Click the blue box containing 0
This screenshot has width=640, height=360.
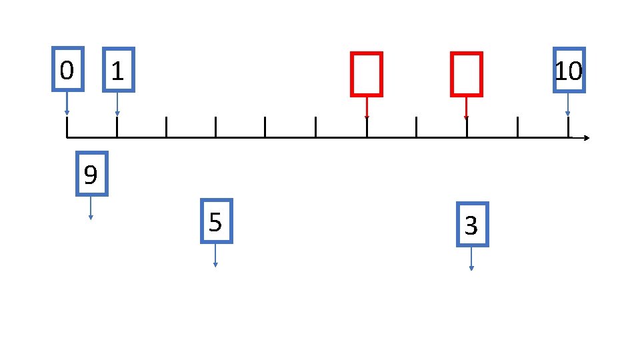(x=68, y=69)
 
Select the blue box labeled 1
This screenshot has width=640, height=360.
(x=118, y=69)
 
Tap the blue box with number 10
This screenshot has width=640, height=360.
(x=569, y=70)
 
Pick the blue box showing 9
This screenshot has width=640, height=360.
(x=91, y=175)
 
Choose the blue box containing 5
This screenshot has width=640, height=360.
(x=215, y=221)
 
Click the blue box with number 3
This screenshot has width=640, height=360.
(x=472, y=225)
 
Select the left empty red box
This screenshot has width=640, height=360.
(x=366, y=74)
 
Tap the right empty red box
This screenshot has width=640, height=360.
(x=465, y=74)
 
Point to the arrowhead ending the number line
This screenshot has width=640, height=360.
(x=586, y=138)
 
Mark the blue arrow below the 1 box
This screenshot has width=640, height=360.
(x=117, y=104)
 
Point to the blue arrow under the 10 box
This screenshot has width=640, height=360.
(x=568, y=104)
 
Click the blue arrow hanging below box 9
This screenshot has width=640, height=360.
(x=91, y=207)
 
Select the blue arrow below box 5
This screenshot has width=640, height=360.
(x=215, y=255)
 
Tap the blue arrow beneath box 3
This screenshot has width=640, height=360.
(x=471, y=259)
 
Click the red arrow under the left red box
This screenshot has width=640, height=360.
(x=367, y=108)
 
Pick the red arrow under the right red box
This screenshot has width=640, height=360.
(x=466, y=108)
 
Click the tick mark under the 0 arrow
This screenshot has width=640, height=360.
(x=67, y=127)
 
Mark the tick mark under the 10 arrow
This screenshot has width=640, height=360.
(x=568, y=127)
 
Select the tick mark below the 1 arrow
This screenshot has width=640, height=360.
(x=117, y=127)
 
